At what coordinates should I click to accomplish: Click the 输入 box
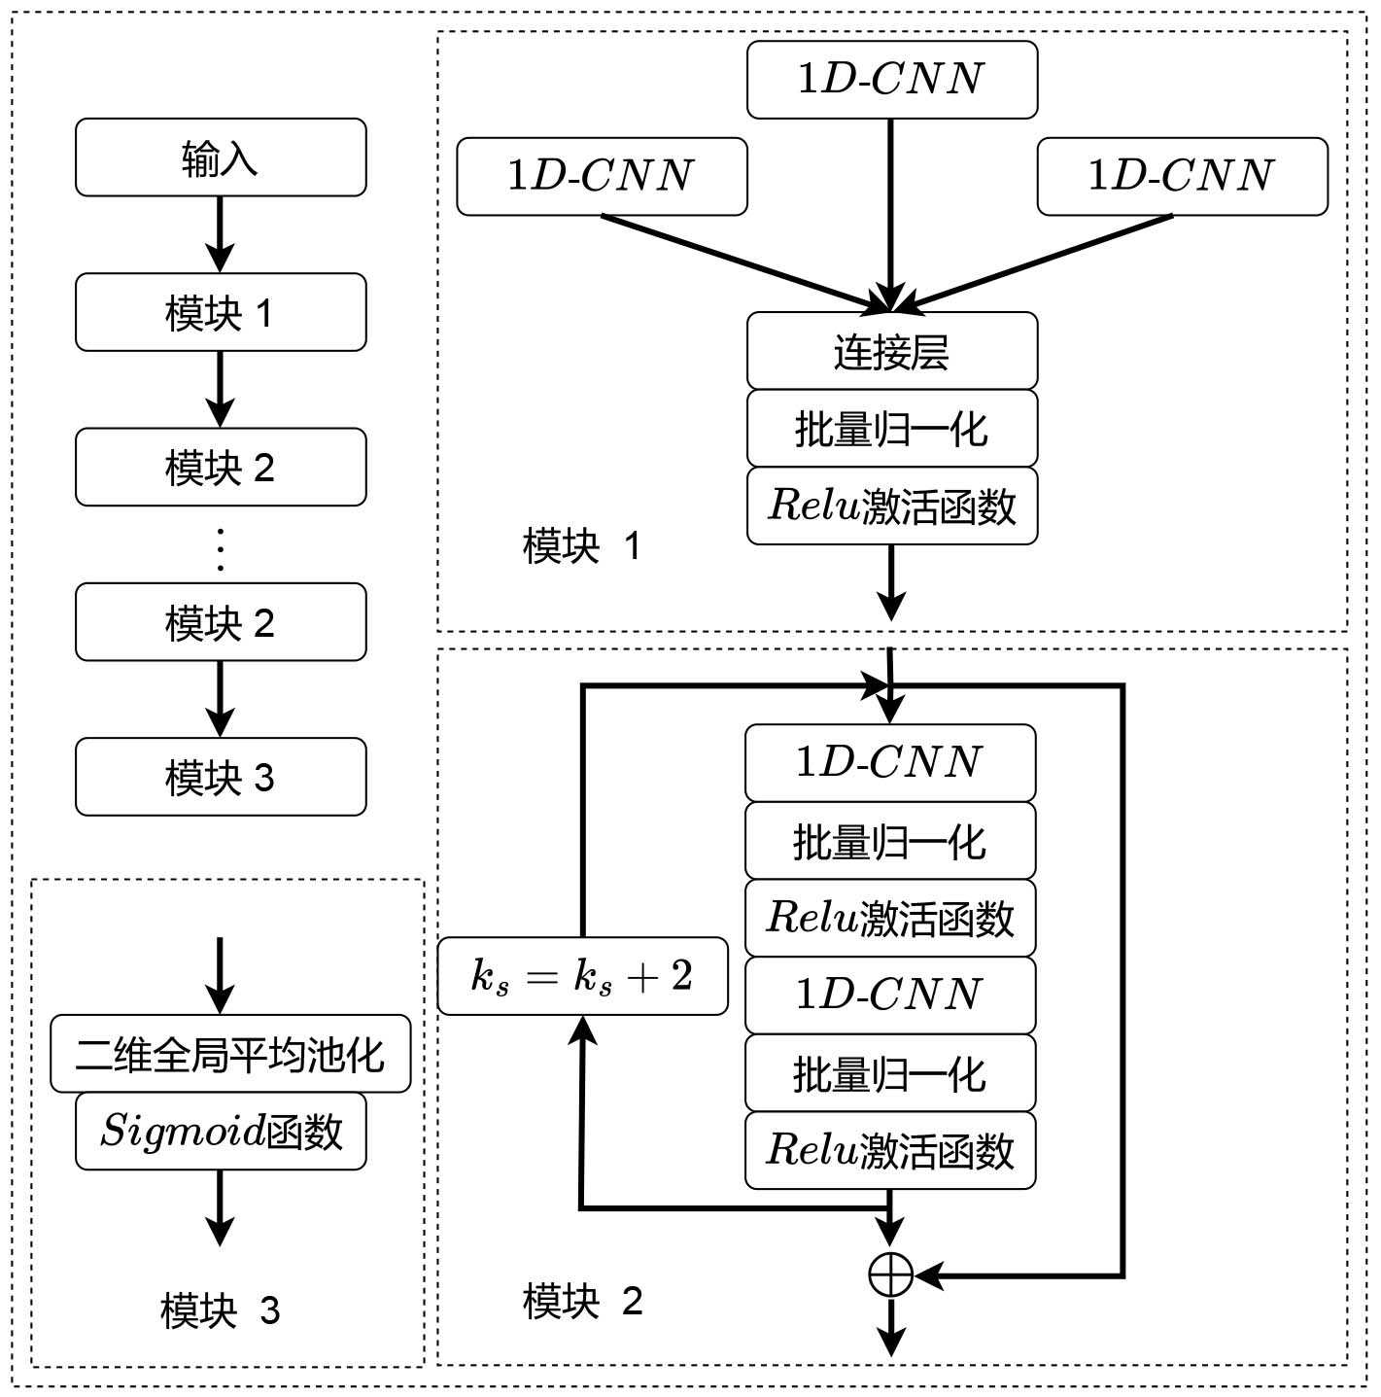(221, 157)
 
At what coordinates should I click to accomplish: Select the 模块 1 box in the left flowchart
(221, 312)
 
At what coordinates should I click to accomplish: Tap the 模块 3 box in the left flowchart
(221, 777)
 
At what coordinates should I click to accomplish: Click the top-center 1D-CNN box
(891, 79)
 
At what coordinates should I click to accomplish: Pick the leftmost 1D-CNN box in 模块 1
(602, 176)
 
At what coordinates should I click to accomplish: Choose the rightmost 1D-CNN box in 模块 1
(1182, 176)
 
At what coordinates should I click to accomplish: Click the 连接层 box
(891, 351)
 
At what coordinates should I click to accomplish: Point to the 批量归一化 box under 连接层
(891, 429)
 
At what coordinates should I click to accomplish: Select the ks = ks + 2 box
(582, 976)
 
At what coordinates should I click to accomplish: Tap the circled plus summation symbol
(890, 1275)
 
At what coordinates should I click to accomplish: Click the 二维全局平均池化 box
(230, 1054)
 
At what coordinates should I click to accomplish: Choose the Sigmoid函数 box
(221, 1131)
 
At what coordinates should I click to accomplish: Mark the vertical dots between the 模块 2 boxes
(221, 549)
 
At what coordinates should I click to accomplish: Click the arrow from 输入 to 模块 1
(221, 234)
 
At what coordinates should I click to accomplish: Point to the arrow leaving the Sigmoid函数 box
(221, 1207)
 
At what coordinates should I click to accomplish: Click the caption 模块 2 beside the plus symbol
(582, 1301)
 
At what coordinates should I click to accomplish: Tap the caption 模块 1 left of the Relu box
(582, 546)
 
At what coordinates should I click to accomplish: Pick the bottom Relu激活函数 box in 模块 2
(890, 1150)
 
